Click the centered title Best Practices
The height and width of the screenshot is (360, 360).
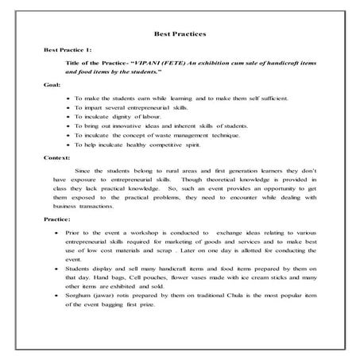pos(179,34)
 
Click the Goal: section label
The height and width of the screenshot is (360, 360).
pos(53,84)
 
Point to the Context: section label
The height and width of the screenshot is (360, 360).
pos(57,158)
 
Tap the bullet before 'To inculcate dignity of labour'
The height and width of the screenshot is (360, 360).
pos(69,115)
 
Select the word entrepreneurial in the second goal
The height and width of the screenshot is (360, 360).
pos(145,106)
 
